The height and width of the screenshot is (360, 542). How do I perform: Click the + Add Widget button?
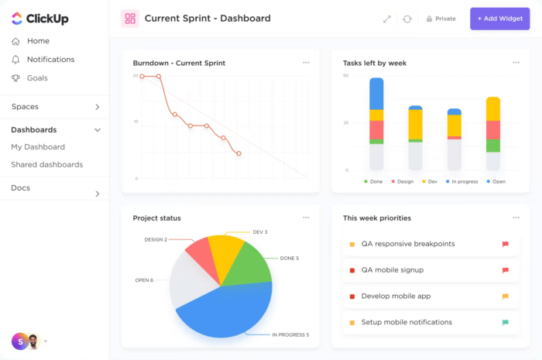(499, 19)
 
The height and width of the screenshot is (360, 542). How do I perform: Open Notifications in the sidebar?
(50, 60)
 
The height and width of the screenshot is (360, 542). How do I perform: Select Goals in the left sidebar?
(37, 78)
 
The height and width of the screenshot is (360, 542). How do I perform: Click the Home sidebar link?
(38, 41)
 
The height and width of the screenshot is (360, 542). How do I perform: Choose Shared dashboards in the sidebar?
(46, 165)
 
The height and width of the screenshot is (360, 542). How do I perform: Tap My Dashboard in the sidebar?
(38, 147)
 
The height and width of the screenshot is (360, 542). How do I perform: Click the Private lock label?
(441, 19)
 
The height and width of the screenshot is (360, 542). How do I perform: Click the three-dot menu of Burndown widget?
(306, 63)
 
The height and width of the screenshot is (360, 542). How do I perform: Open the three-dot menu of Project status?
(306, 218)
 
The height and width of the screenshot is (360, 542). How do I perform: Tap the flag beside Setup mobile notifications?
(505, 322)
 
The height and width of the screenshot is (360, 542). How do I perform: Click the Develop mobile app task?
(396, 297)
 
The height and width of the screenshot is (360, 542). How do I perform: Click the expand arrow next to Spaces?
(98, 107)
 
